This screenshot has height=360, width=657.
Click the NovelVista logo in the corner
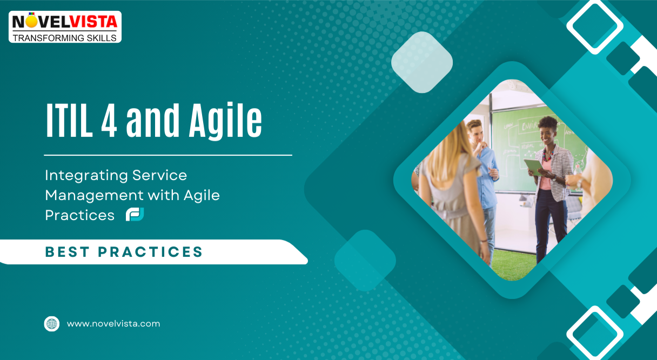(x=65, y=26)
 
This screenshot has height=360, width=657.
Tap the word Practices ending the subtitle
(x=79, y=215)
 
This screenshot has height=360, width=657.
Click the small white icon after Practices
(x=135, y=215)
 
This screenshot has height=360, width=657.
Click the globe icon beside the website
(x=51, y=324)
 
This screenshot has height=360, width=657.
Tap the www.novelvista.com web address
(x=113, y=324)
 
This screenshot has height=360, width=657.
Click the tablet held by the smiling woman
(x=533, y=166)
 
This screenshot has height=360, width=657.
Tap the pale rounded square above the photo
(x=421, y=62)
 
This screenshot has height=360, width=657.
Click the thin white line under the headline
(x=167, y=155)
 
